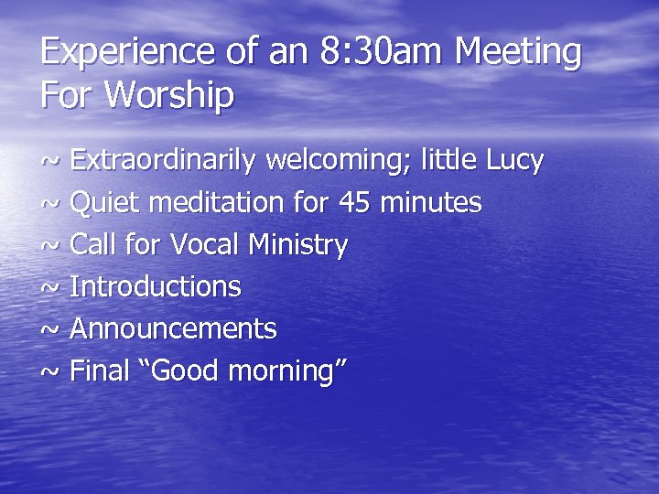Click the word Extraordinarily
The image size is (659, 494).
(164, 162)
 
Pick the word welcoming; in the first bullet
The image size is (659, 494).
(339, 162)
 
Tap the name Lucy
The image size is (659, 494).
(513, 162)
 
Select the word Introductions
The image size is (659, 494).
(156, 287)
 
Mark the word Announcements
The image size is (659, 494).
(173, 329)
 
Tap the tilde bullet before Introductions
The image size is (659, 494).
(51, 288)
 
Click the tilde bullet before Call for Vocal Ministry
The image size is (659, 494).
(51, 246)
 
